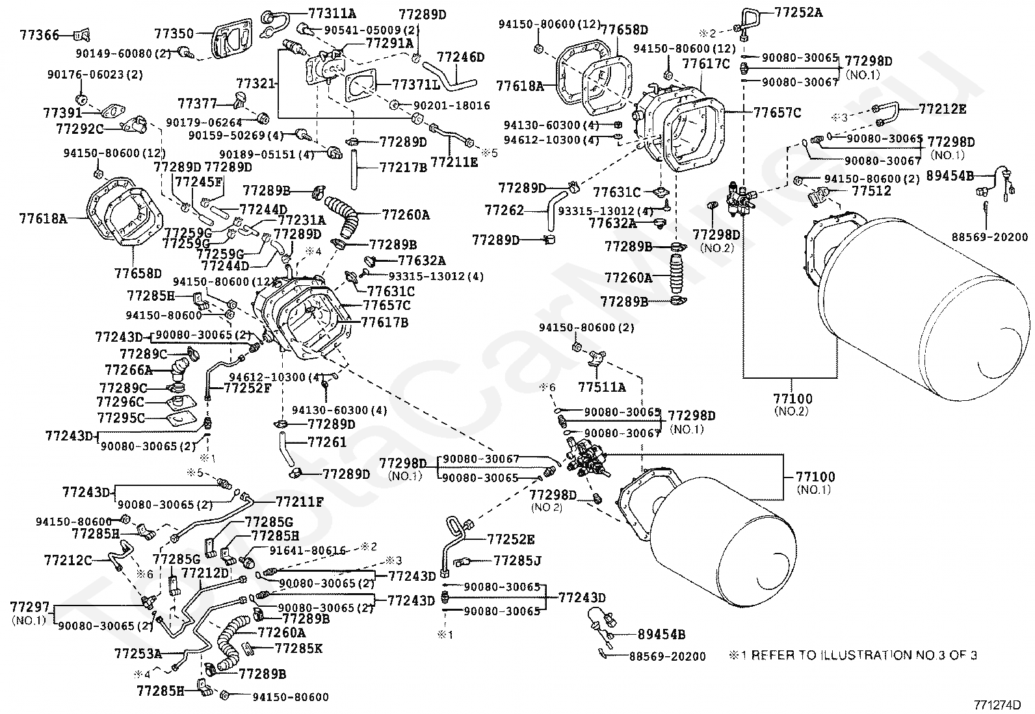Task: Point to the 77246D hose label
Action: (x=460, y=57)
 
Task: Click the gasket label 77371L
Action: (x=416, y=84)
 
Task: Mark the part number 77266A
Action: (x=128, y=370)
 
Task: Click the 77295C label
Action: (x=121, y=418)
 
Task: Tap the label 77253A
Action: (x=138, y=653)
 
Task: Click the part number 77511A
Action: (x=602, y=388)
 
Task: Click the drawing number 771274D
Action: (x=997, y=704)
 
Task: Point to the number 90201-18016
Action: (x=451, y=105)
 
